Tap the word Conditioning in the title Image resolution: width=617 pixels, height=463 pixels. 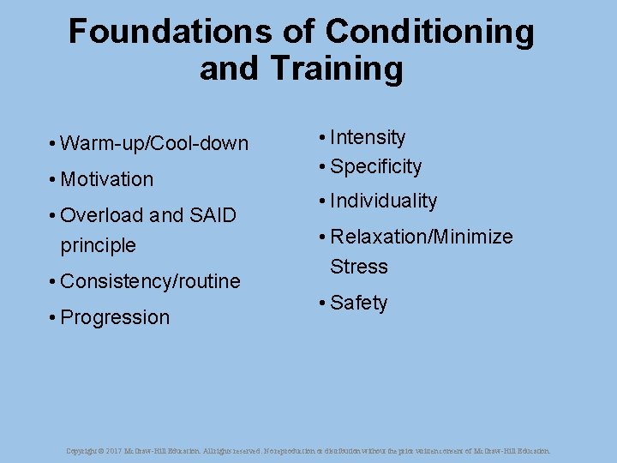430,33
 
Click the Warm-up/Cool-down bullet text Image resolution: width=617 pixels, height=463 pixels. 154,143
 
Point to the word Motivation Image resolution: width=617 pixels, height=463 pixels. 107,179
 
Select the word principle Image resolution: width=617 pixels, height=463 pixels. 98,245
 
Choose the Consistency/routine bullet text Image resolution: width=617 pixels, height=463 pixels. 150,281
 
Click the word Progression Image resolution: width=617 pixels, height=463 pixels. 115,317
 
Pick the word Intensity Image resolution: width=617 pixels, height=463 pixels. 368,137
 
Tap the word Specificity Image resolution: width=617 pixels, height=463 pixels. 375,166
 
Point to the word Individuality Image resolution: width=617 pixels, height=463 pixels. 383,201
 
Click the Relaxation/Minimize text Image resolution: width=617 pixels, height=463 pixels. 421,237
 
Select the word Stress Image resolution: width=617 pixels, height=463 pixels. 359,267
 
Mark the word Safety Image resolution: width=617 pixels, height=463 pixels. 358,303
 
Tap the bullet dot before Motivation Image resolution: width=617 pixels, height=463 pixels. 52,179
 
